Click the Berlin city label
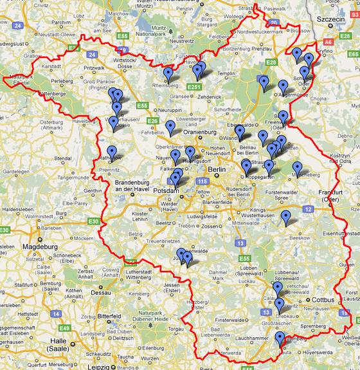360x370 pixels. [x=217, y=170]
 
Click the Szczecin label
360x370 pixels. [x=332, y=20]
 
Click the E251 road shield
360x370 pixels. [x=194, y=86]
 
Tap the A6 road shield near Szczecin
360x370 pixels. [x=328, y=41]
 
